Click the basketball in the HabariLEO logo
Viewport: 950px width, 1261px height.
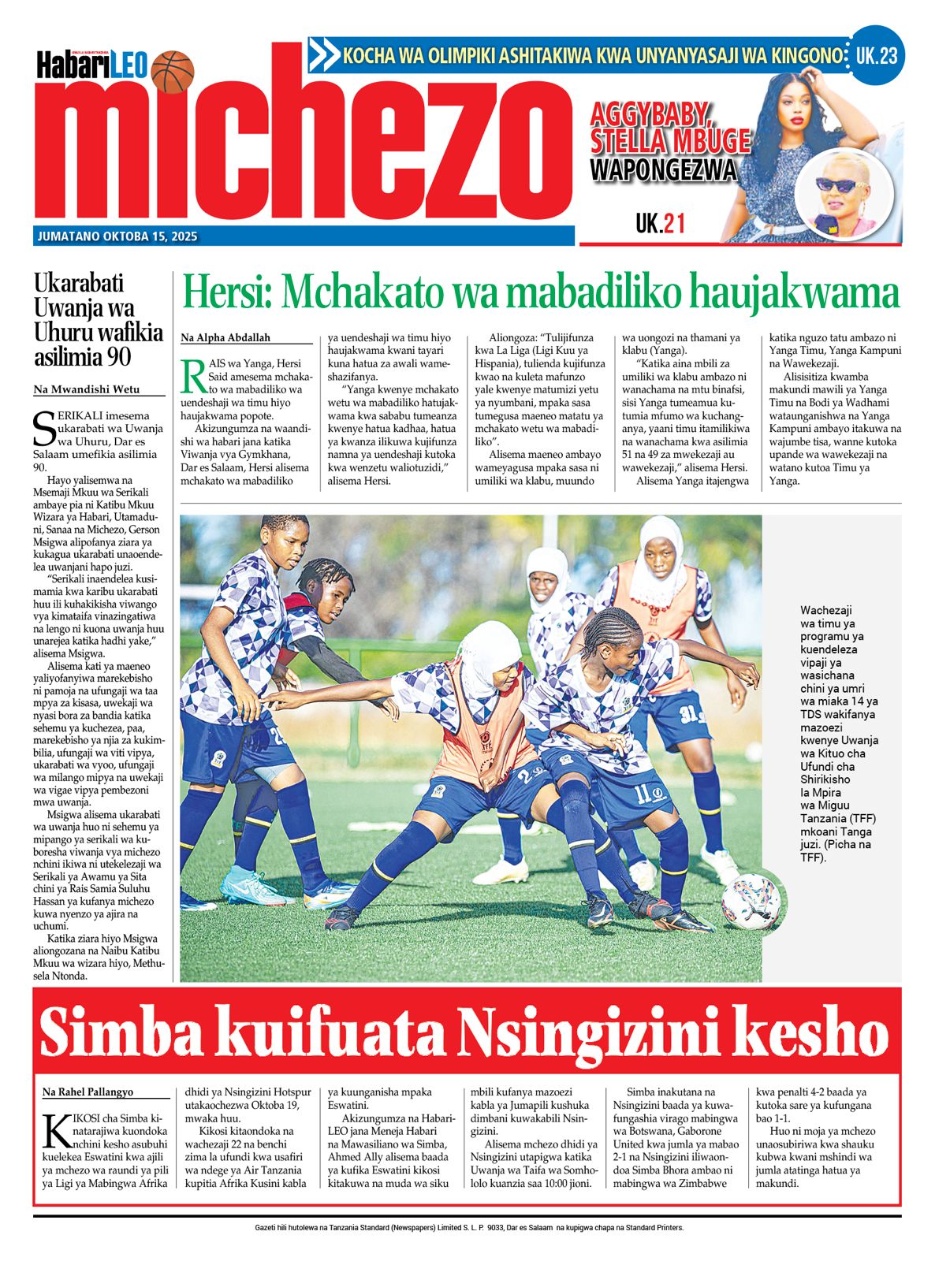pyautogui.click(x=172, y=72)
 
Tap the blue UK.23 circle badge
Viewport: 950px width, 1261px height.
pyautogui.click(x=877, y=56)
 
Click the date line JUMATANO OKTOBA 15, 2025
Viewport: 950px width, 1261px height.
pyautogui.click(x=117, y=236)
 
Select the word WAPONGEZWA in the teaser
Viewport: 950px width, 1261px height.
pyautogui.click(x=663, y=170)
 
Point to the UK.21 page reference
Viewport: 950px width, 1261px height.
pyautogui.click(x=660, y=225)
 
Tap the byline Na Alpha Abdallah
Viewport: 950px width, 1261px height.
pyautogui.click(x=225, y=338)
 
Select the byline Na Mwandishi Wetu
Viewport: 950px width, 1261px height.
pyautogui.click(x=86, y=389)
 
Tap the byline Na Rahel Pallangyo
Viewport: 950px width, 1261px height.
pyautogui.click(x=88, y=1092)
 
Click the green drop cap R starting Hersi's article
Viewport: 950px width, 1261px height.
pyautogui.click(x=192, y=376)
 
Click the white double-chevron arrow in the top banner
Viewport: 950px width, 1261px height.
pyautogui.click(x=323, y=56)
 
